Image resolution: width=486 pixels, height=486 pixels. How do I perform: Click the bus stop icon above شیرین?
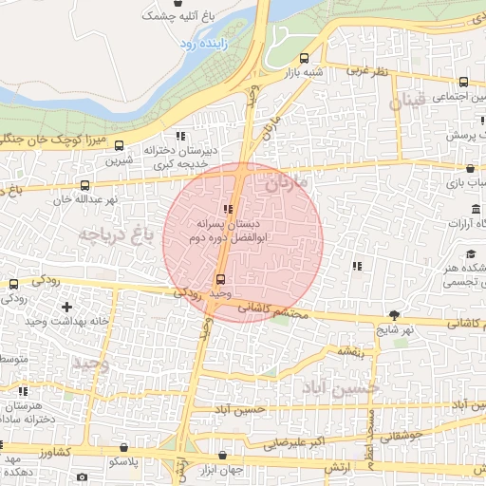[x=120, y=146]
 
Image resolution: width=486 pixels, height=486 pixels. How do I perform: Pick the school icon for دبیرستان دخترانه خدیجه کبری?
[x=181, y=136]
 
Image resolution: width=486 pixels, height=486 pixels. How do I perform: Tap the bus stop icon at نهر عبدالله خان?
[x=85, y=186]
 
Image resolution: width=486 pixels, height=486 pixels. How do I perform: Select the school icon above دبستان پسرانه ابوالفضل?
[x=228, y=209]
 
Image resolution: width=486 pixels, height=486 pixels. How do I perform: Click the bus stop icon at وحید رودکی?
[x=221, y=279]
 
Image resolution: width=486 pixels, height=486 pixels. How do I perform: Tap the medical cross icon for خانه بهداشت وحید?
[x=65, y=307]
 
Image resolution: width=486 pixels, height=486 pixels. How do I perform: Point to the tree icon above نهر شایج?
[x=394, y=315]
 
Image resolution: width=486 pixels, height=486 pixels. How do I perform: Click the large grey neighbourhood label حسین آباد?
[x=340, y=387]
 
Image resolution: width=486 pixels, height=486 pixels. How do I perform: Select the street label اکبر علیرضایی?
[x=295, y=442]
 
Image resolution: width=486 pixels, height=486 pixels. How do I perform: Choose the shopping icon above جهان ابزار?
[x=223, y=456]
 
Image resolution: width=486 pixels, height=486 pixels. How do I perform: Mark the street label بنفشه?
[x=351, y=352]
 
